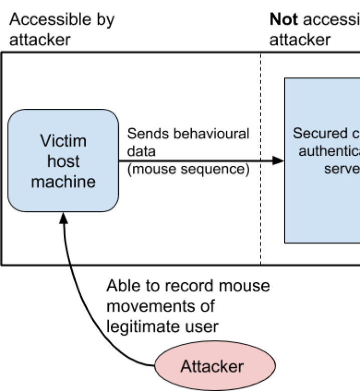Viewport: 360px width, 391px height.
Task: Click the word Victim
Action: [x=63, y=141]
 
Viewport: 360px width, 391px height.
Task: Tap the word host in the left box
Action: [x=63, y=161]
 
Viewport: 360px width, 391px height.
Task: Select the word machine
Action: [x=63, y=181]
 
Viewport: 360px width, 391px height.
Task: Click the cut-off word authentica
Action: [x=329, y=151]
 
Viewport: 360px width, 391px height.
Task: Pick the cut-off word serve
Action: [x=342, y=168]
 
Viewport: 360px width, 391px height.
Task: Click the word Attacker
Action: [x=212, y=366]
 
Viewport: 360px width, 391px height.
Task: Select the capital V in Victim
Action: [x=45, y=141]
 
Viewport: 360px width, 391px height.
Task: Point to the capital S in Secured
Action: [x=297, y=134]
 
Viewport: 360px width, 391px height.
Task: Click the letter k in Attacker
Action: [x=222, y=366]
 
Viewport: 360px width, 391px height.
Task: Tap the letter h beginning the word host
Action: [x=51, y=161]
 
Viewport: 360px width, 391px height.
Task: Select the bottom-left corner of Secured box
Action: [x=286, y=242]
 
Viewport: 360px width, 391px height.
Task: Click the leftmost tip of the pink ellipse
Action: [x=155, y=366]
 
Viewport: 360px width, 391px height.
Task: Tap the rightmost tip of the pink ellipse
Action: [x=274, y=366]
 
